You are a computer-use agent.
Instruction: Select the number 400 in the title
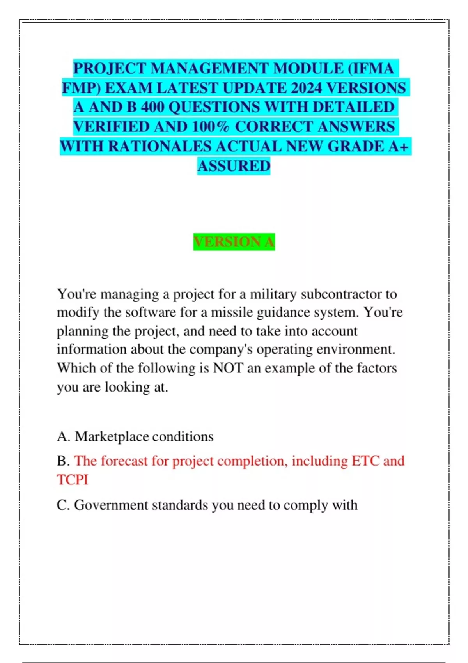point(152,107)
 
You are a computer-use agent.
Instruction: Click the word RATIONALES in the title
point(159,146)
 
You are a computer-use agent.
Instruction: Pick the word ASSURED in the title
point(234,166)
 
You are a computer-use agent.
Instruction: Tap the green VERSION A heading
point(234,242)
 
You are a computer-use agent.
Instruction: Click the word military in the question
point(273,294)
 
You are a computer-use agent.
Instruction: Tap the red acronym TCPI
point(73,480)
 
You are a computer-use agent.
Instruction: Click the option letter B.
point(62,461)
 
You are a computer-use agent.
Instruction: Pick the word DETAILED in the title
point(353,107)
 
